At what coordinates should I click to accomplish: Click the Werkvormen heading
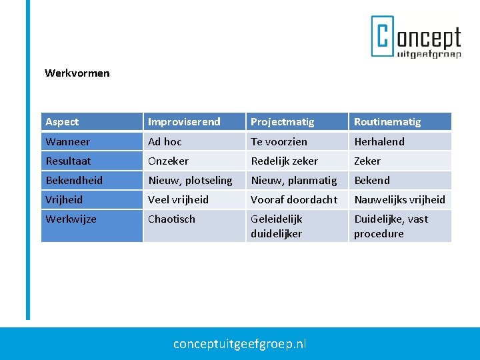(x=77, y=73)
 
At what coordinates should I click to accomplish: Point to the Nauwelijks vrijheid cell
(x=399, y=199)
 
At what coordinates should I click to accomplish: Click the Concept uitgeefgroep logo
(x=416, y=37)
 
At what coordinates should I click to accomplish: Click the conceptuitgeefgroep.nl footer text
(x=240, y=344)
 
